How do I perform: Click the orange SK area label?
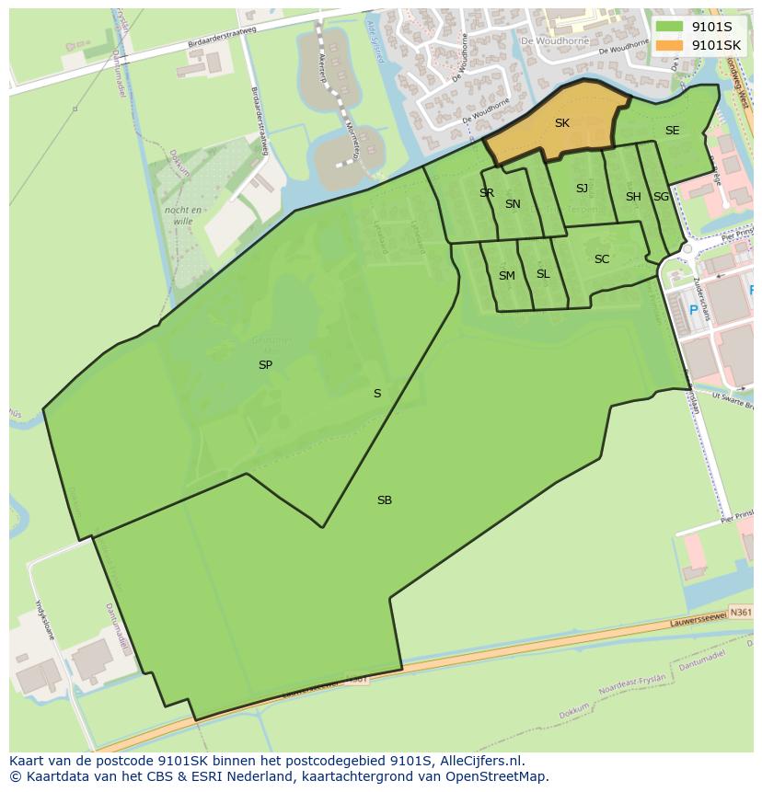(x=561, y=122)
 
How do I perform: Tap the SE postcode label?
(x=672, y=131)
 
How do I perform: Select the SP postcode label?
(x=265, y=364)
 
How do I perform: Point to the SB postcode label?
(x=385, y=500)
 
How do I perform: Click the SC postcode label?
(x=602, y=259)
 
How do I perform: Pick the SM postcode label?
(x=507, y=276)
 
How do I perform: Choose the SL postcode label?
(x=543, y=274)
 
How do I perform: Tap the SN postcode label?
(x=513, y=204)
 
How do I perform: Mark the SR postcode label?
(x=487, y=193)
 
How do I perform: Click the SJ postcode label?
(x=582, y=189)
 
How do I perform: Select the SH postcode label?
(x=633, y=197)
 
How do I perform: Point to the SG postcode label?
(x=661, y=197)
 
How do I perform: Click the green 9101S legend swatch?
(x=670, y=27)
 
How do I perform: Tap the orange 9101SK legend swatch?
(x=670, y=44)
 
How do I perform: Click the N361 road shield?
(x=740, y=611)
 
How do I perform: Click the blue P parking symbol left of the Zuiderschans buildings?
(x=694, y=310)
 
